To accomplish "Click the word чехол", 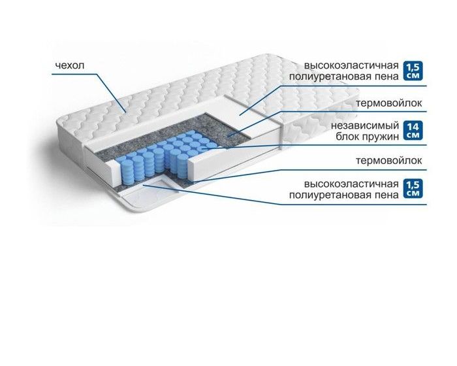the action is click(70, 65).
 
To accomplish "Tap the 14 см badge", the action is click(413, 131).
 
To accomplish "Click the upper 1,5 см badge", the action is click(413, 71).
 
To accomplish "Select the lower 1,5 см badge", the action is click(413, 189).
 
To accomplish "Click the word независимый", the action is click(364, 125).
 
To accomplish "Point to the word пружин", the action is click(381, 137).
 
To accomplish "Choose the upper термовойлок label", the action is click(389, 103).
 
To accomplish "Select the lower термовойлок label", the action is click(389, 161).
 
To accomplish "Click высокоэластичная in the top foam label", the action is click(351, 65).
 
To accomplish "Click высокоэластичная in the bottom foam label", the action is click(351, 184).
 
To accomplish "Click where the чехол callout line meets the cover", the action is click(125, 112).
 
